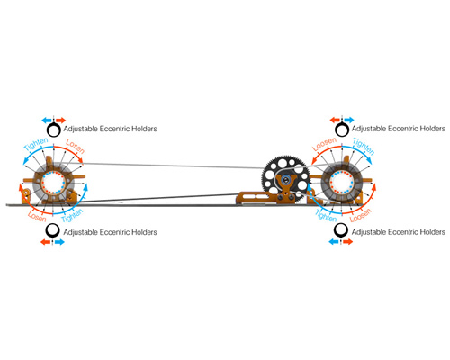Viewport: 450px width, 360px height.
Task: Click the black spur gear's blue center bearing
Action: click(285, 180)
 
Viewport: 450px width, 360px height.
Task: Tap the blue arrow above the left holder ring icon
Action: click(47, 121)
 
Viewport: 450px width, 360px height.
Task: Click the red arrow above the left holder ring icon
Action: click(60, 121)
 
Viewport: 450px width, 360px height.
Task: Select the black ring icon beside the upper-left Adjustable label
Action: click(54, 130)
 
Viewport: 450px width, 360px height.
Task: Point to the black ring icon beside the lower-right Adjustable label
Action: click(341, 230)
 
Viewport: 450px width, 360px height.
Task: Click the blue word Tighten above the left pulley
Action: click(36, 144)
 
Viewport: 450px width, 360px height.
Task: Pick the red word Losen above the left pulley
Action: click(75, 146)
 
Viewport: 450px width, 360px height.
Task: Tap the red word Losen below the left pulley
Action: click(37, 216)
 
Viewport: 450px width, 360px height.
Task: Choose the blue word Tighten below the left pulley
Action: click(72, 216)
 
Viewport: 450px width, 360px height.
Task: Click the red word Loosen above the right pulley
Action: click(324, 144)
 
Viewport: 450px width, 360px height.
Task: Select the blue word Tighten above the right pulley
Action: click(364, 146)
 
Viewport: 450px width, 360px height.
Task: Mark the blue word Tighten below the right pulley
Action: click(326, 216)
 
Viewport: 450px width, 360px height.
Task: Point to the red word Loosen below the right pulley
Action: click(361, 215)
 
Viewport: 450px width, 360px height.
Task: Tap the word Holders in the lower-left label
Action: click(144, 232)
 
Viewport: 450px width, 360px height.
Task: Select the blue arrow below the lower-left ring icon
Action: click(59, 242)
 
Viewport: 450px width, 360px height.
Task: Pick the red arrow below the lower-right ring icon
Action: click(348, 242)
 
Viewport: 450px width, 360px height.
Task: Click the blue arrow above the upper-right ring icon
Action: click(349, 121)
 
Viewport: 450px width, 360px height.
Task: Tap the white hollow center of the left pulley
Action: click(53, 183)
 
